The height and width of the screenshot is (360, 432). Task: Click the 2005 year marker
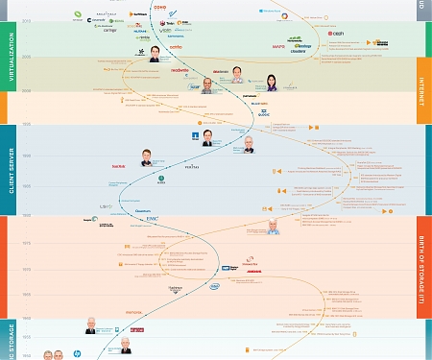(26, 57)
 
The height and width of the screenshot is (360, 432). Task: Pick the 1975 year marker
(26, 245)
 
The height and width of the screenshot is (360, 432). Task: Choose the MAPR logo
(278, 45)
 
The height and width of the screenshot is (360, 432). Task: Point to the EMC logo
(152, 219)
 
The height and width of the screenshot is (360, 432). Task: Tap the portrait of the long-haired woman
(272, 84)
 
